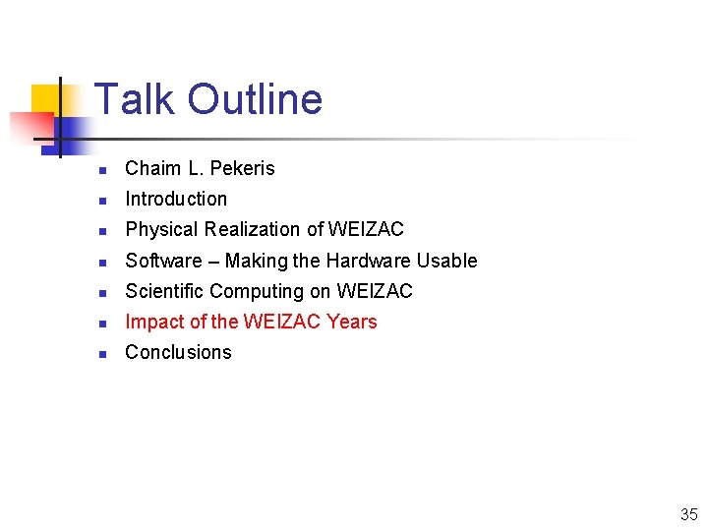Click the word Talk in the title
click(x=135, y=99)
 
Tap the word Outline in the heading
click(x=255, y=99)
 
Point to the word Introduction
click(x=176, y=199)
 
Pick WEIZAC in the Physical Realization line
click(x=366, y=229)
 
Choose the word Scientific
click(x=165, y=291)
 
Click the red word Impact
click(x=152, y=322)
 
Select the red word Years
click(x=352, y=322)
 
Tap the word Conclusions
click(x=178, y=352)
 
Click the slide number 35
click(x=687, y=514)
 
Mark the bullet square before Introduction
click(x=102, y=201)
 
